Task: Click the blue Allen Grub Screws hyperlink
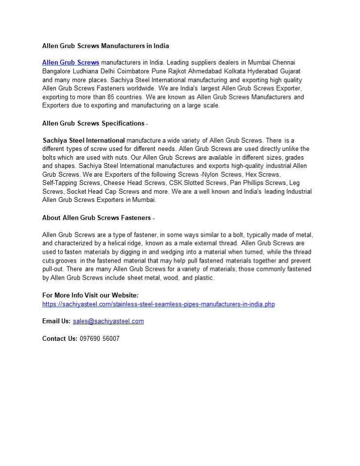click(70, 63)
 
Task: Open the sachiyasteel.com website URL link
click(158, 304)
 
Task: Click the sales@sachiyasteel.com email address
click(108, 321)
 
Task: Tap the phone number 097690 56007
click(99, 338)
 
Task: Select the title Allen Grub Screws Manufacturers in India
click(105, 46)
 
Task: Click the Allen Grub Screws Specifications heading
click(93, 123)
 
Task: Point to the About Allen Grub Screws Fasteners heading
click(97, 217)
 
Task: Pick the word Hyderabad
click(256, 71)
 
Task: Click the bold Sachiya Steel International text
click(84, 140)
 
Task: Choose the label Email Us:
click(56, 321)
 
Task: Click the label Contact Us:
click(60, 338)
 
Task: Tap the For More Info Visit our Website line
click(90, 295)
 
